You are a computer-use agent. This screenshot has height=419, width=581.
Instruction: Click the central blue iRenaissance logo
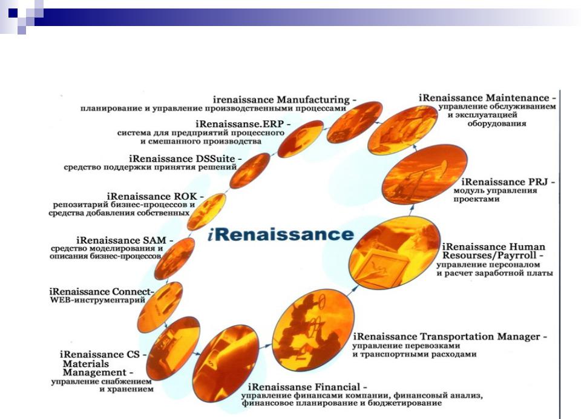tap(281, 234)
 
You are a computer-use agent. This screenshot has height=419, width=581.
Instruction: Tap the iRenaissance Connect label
tap(101, 292)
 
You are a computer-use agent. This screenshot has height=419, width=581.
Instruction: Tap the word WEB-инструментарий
tap(97, 300)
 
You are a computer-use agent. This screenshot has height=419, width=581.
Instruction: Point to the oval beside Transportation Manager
tap(313, 330)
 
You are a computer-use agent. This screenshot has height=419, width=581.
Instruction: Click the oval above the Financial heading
tap(226, 363)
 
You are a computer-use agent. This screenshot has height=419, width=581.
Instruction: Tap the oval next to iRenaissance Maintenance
tap(402, 130)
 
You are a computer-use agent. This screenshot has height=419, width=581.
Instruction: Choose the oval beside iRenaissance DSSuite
tap(250, 171)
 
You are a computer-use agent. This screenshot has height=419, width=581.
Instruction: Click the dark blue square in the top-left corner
tap(13, 13)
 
